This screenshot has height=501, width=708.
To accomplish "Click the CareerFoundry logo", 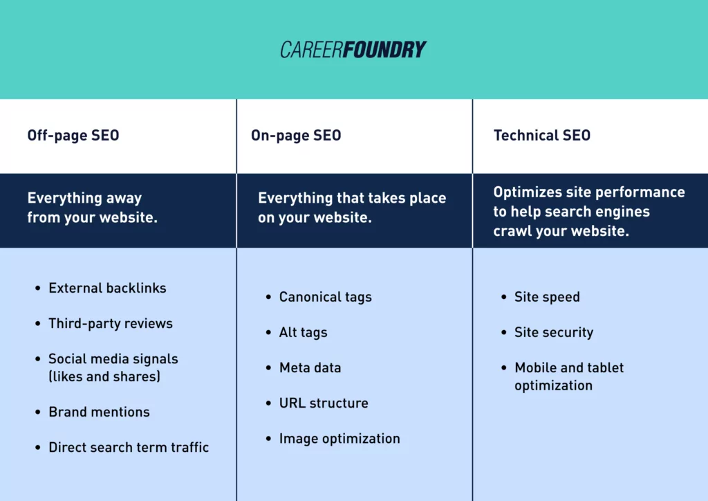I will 353,50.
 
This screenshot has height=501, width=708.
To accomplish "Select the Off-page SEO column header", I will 73,136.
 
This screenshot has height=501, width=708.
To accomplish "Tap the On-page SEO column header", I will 296,136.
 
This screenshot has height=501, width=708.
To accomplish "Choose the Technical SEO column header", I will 542,136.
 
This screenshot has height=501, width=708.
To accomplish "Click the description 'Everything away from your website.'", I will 93,208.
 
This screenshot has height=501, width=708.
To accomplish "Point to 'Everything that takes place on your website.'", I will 352,208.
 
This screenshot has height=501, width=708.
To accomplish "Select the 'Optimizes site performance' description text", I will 589,211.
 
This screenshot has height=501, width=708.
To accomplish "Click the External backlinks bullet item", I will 107,288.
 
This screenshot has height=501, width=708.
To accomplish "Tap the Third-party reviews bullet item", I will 111,323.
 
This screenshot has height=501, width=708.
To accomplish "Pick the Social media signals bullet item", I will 113,367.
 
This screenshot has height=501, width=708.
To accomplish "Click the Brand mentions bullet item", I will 99,412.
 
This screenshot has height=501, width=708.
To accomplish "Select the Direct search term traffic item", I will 129,447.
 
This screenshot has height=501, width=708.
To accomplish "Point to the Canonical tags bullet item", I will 325,297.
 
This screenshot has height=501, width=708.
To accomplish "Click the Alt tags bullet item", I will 303,332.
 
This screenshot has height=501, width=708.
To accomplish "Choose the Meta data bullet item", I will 310,367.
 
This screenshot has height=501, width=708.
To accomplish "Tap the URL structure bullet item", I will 324,403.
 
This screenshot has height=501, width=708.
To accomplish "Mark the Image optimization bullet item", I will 339,438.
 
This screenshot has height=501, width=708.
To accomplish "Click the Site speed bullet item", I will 547,297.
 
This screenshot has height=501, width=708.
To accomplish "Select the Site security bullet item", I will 554,332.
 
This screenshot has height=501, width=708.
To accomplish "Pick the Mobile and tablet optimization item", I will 568,376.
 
